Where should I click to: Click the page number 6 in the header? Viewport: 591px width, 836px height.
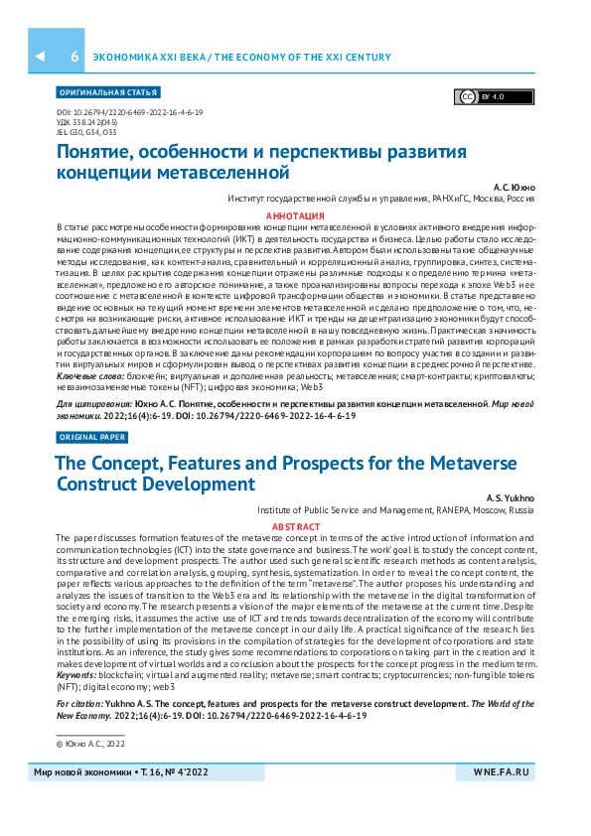tap(74, 58)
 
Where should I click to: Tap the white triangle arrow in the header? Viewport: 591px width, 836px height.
tap(40, 58)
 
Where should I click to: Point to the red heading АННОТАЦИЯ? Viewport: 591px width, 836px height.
tap(295, 216)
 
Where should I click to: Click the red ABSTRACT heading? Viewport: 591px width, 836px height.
tap(295, 527)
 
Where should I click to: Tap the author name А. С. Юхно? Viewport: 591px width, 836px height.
tap(515, 187)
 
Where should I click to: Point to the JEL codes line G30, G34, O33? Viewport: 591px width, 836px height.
tap(87, 131)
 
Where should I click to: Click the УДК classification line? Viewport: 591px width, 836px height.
tap(87, 122)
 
